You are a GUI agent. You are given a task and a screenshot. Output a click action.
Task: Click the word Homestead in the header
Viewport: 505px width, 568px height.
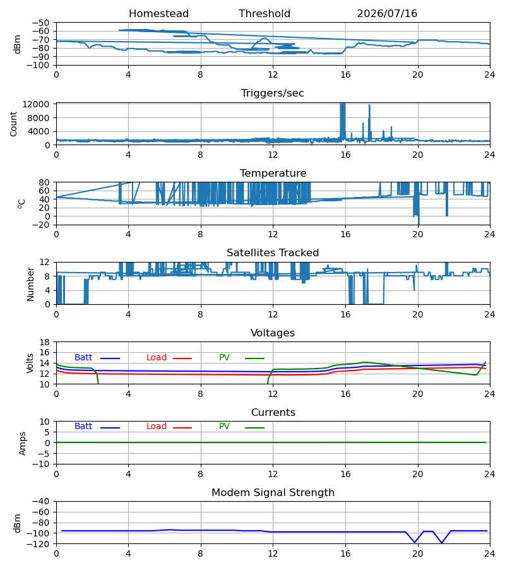[158, 14]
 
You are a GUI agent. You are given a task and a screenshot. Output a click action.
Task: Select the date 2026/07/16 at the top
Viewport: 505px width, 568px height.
[387, 14]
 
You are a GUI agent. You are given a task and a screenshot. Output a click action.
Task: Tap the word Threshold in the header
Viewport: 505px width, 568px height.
[264, 14]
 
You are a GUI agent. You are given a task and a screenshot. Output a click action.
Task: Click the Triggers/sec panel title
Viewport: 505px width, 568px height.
[273, 93]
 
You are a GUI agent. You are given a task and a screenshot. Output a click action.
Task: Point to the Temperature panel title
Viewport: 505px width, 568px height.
[273, 173]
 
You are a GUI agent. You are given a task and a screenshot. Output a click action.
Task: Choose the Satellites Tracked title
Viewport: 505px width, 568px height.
[273, 253]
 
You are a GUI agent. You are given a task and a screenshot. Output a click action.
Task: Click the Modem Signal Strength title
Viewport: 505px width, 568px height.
[273, 493]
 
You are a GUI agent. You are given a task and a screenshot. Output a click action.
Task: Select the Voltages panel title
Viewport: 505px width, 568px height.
[273, 333]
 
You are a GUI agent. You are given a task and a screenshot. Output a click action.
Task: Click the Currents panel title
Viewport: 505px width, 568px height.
[273, 413]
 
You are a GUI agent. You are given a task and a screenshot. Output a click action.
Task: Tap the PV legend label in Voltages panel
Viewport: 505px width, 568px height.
[224, 358]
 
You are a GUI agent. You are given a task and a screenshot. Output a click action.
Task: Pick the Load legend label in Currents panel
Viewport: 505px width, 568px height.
[157, 427]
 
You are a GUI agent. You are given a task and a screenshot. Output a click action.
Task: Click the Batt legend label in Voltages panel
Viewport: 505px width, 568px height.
[83, 358]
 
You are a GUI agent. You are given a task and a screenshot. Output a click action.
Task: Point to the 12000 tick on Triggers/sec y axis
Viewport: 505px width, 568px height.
[35, 105]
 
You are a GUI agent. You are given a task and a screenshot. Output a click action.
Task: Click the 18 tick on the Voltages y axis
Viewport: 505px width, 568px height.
[44, 342]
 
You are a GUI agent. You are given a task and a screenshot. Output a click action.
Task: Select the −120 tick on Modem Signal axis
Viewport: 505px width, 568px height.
[40, 544]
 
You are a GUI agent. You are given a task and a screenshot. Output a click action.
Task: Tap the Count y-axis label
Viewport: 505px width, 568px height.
[13, 124]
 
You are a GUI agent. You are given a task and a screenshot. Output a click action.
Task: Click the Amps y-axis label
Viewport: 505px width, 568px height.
[22, 444]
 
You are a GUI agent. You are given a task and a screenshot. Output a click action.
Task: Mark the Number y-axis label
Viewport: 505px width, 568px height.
[30, 285]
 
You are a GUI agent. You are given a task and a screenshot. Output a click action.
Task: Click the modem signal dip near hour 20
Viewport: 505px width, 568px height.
[415, 542]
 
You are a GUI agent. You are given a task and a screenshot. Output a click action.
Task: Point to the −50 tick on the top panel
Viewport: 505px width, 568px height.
[40, 23]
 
